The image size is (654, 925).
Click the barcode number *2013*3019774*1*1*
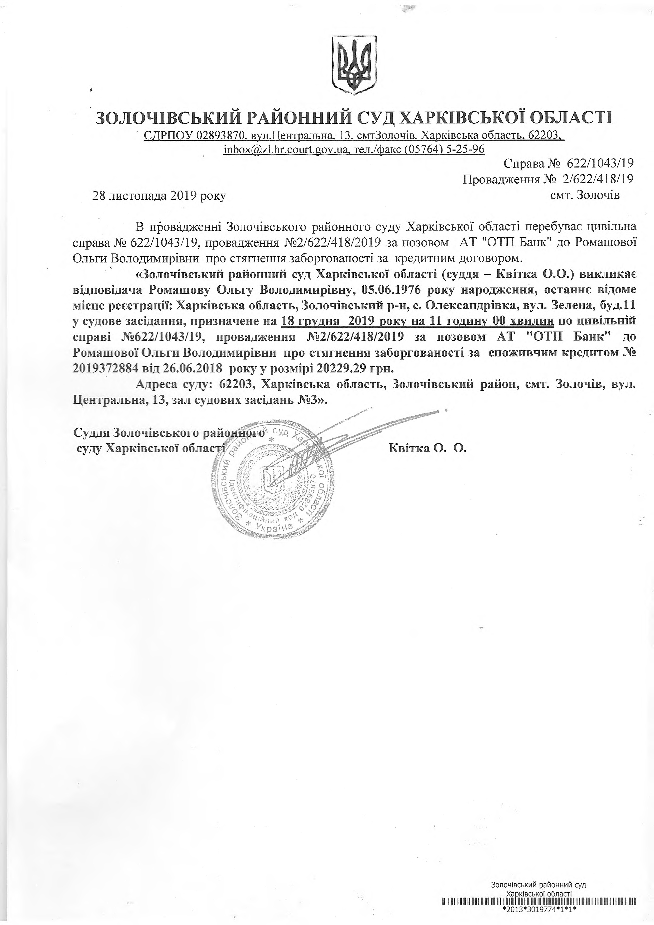540,918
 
